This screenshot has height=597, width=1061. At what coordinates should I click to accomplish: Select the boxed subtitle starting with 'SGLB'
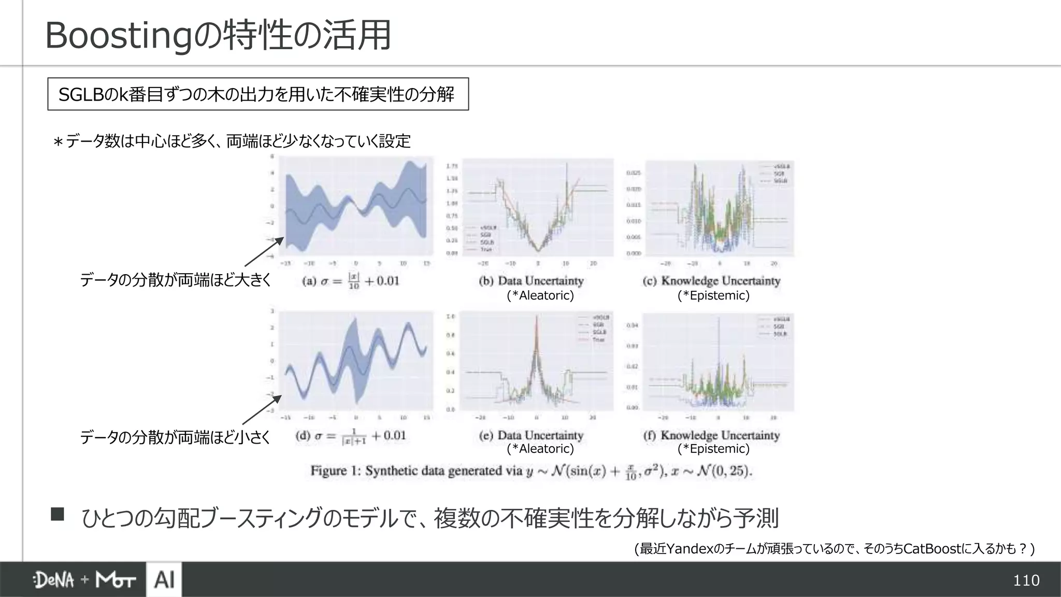(257, 94)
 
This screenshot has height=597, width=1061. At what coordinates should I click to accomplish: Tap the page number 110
(1026, 580)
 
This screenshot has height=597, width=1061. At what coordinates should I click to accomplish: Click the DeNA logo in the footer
(53, 580)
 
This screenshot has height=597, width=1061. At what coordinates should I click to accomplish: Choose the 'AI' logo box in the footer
(164, 579)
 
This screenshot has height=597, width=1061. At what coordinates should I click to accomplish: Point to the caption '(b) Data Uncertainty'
(531, 281)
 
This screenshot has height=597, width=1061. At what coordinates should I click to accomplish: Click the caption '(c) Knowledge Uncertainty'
(711, 281)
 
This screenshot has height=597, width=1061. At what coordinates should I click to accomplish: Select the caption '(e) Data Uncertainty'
(531, 435)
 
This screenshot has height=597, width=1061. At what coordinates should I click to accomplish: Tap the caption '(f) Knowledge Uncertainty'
(711, 435)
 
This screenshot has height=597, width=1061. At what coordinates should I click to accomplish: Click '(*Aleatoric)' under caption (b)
(540, 295)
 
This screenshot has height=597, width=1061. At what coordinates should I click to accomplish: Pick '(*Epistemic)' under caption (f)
(713, 449)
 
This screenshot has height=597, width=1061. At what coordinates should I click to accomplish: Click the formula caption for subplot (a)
(351, 281)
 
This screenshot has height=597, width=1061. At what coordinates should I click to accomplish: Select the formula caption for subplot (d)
(350, 436)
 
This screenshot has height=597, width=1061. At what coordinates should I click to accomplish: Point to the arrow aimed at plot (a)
(264, 252)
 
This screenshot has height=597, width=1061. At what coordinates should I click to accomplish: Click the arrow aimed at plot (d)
(262, 410)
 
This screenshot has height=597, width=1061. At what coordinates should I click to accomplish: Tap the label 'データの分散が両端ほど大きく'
(176, 280)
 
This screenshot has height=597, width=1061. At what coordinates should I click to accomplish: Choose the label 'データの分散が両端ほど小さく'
(175, 438)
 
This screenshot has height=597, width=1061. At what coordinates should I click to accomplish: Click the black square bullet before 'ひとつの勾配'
(58, 514)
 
